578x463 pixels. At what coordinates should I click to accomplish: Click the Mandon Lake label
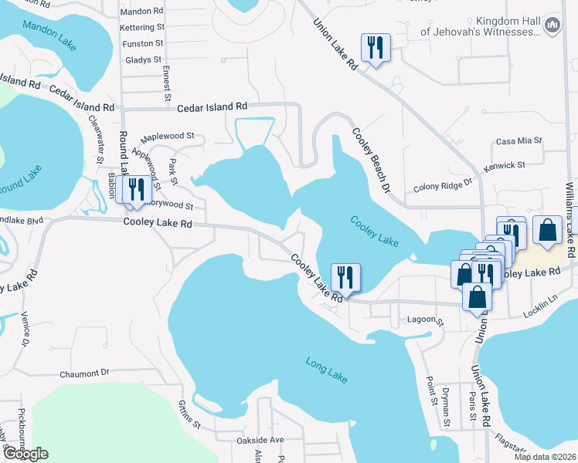pyautogui.click(x=49, y=35)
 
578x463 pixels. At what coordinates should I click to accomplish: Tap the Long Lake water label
pyautogui.click(x=327, y=370)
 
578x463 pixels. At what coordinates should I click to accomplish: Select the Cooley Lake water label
pyautogui.click(x=375, y=231)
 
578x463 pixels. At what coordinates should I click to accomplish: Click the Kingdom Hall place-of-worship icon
pyautogui.click(x=552, y=26)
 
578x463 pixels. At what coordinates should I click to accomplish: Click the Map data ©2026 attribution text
pyautogui.click(x=545, y=457)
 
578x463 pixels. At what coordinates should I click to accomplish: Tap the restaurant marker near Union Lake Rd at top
pyautogui.click(x=376, y=48)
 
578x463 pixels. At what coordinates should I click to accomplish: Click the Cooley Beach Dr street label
pyautogui.click(x=370, y=155)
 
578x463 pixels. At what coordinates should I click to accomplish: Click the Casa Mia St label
pyautogui.click(x=518, y=141)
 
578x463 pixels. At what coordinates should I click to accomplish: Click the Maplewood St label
pyautogui.click(x=167, y=135)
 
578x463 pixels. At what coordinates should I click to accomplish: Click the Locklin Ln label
pyautogui.click(x=540, y=299)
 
